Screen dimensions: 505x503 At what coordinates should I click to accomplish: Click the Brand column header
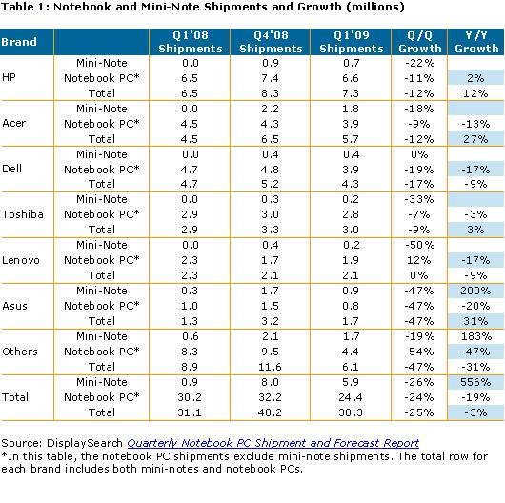click(x=19, y=42)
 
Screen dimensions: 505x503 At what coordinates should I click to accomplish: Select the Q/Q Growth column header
click(x=419, y=42)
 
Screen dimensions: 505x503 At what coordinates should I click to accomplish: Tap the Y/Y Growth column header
click(x=476, y=42)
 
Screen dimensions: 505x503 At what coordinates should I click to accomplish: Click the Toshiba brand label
click(x=23, y=214)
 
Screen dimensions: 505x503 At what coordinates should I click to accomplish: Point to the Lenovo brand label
click(x=21, y=260)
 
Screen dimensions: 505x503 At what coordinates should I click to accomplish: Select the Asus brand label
click(x=14, y=306)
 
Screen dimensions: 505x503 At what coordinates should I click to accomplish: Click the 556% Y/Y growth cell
click(x=475, y=382)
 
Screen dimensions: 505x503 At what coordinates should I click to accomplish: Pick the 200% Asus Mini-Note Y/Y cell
click(x=475, y=291)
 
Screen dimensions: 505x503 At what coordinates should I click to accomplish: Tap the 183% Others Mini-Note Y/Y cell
click(x=476, y=336)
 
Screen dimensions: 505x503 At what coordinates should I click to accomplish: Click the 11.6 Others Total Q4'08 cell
click(x=270, y=367)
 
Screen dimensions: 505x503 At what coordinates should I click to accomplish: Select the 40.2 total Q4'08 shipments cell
click(x=270, y=412)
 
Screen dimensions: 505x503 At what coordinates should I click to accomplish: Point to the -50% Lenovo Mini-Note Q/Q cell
click(x=419, y=245)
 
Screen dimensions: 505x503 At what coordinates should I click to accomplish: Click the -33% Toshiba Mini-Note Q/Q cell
click(x=419, y=199)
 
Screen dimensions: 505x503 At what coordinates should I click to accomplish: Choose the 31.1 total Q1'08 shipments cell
click(x=190, y=412)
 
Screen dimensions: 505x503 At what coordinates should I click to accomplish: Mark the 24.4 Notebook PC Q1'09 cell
click(x=351, y=397)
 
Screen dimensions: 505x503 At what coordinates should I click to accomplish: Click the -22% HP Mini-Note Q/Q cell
click(x=419, y=63)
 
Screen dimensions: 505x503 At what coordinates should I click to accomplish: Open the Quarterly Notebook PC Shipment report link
click(x=273, y=443)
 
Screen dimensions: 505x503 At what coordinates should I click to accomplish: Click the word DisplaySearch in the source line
click(x=85, y=443)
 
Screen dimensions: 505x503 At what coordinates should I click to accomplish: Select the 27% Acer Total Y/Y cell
click(x=475, y=139)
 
